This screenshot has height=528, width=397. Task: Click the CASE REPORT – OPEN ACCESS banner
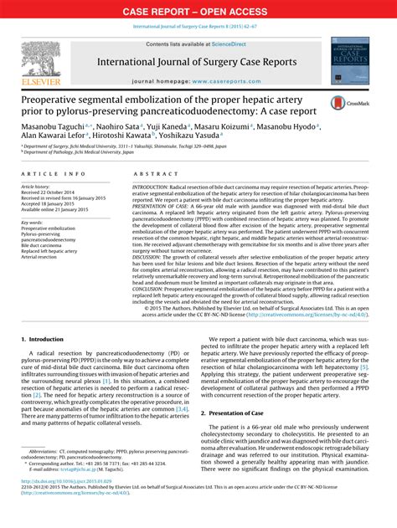(x=198, y=11)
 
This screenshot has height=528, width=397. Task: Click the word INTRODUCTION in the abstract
(x=151, y=184)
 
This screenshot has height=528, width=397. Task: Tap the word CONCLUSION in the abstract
(x=149, y=290)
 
